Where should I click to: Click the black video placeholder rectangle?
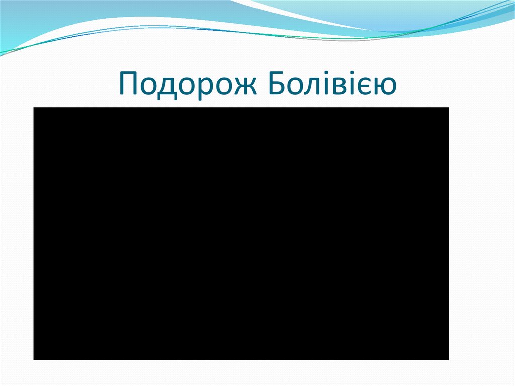[241, 234]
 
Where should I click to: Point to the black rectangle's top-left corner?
[34, 108]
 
